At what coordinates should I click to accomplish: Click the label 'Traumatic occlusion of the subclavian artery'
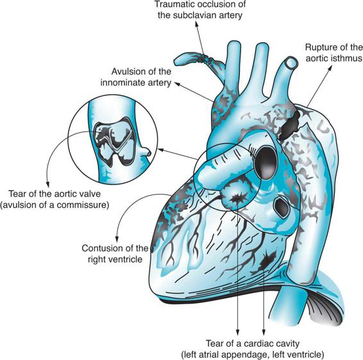[x=200, y=10]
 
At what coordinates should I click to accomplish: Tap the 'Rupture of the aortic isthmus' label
[x=334, y=53]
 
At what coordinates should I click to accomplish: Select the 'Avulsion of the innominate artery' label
[x=136, y=77]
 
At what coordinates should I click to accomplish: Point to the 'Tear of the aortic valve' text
[x=55, y=194]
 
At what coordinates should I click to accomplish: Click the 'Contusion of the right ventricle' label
[x=115, y=253]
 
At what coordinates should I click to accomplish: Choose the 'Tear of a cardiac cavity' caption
[x=252, y=343]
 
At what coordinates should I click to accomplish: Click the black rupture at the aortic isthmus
[x=290, y=126]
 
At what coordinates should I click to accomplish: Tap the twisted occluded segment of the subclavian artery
[x=205, y=58]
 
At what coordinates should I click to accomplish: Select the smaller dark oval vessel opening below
[x=282, y=207]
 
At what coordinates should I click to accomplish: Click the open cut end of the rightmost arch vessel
[x=291, y=62]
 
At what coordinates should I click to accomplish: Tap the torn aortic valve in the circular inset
[x=115, y=142]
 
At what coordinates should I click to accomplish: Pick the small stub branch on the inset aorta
[x=146, y=152]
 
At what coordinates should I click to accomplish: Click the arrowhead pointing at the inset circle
[x=160, y=150]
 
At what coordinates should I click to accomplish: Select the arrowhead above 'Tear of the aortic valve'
[x=48, y=185]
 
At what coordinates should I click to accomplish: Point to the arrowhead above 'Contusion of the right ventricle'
[x=117, y=239]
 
